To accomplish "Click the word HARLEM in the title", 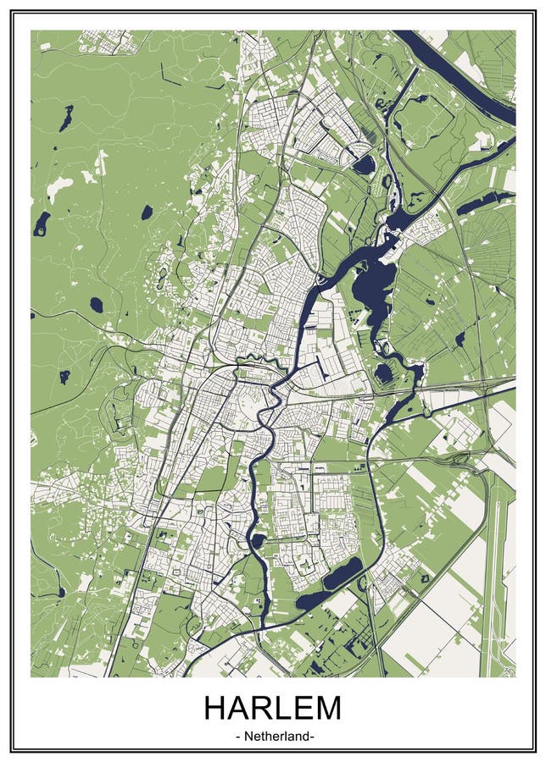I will [x=272, y=707].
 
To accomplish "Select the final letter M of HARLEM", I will [x=327, y=707].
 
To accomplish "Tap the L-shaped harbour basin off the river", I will [x=320, y=366].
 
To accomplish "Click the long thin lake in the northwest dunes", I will [x=66, y=119].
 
